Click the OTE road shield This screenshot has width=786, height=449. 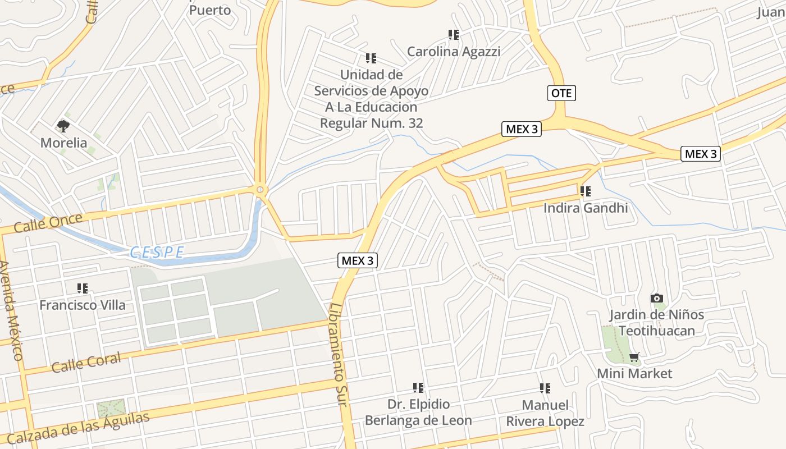(561, 93)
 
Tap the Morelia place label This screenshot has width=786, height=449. (63, 143)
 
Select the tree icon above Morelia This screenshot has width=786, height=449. (63, 126)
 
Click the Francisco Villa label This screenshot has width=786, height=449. (83, 305)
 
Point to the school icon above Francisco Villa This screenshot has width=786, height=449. (83, 288)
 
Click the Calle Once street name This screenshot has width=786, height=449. (48, 223)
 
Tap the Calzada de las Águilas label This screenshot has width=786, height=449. (79, 428)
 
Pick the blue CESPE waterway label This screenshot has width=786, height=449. (157, 253)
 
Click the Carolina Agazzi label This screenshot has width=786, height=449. (453, 52)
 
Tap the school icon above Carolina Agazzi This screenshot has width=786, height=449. (454, 35)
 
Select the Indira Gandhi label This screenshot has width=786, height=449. (585, 208)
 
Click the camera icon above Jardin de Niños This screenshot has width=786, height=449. (656, 298)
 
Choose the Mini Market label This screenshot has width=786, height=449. (634, 373)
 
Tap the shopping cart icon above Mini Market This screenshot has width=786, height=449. (634, 357)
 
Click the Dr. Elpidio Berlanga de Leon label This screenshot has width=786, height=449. (418, 412)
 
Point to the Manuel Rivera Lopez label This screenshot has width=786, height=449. (545, 413)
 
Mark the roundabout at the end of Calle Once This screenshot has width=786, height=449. (260, 190)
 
